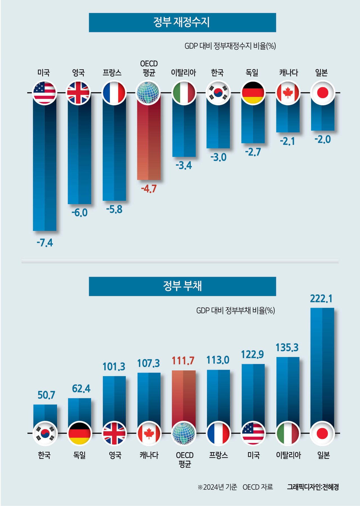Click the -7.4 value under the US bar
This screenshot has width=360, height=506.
point(45,242)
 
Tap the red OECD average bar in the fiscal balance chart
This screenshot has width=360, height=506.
point(149,141)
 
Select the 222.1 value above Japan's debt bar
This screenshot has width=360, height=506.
point(321,298)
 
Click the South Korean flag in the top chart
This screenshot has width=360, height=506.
point(218,93)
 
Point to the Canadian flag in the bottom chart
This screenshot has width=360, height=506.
point(149,433)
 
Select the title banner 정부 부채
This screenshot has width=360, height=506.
point(182,286)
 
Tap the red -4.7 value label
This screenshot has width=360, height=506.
point(149,188)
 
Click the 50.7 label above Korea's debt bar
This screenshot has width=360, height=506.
point(46,395)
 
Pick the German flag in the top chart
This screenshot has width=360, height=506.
point(253,93)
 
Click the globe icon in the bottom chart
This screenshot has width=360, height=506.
point(184,433)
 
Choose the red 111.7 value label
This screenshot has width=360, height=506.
point(183,360)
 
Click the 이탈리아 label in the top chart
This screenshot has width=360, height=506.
point(183,73)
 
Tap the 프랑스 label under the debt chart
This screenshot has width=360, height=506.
point(218,455)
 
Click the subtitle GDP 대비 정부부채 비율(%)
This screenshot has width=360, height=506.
point(235,311)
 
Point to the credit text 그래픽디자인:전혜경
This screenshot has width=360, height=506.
point(313,487)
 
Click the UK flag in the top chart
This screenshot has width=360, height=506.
point(78,93)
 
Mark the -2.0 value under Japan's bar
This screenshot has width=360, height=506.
point(323,139)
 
